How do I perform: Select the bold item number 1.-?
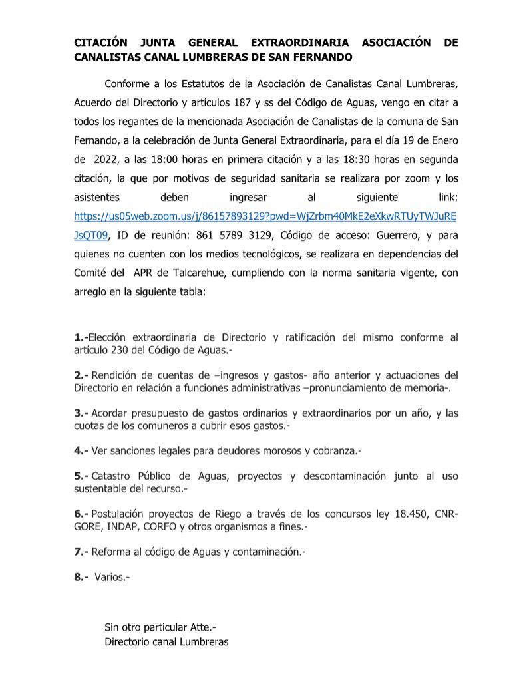pyautogui.click(x=81, y=338)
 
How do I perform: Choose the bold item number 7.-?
pyautogui.click(x=81, y=552)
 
